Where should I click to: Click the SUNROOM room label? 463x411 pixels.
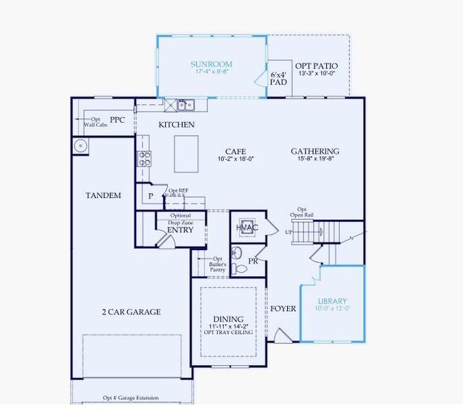211,64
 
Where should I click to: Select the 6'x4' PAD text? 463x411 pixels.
278,77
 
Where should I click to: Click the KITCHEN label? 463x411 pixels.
176,125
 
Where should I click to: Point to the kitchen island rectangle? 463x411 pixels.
186,154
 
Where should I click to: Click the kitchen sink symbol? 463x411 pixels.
185,105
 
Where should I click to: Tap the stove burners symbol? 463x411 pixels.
145,158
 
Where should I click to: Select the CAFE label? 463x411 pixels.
235,151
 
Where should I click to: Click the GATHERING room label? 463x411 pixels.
315,151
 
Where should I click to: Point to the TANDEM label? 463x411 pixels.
103,195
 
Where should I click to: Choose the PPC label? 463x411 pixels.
118,119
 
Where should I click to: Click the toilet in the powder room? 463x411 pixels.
237,268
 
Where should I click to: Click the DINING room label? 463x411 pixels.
228,319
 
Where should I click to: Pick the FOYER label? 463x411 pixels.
282,309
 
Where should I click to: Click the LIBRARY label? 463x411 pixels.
332,301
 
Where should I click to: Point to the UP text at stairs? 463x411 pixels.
289,232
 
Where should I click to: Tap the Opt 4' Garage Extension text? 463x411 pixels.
131,398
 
